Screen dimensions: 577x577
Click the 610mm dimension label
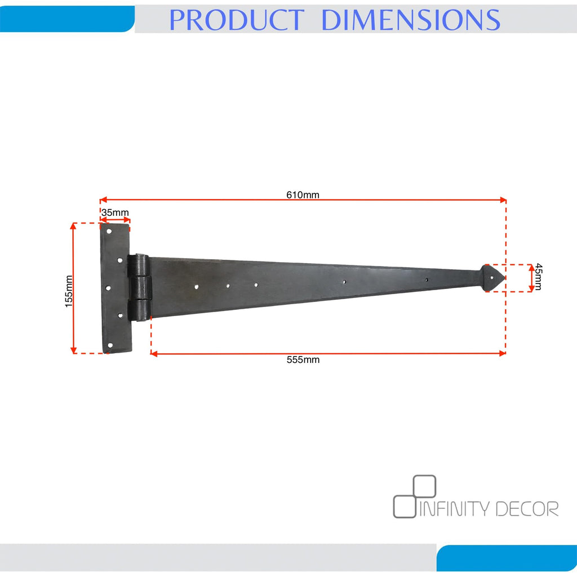303,194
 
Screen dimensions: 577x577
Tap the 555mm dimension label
303,359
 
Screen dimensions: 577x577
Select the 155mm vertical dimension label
69,291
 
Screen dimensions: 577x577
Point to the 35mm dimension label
115,212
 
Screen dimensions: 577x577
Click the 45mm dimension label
538,277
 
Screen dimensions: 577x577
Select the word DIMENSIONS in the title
411,20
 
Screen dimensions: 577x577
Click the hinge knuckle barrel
139,287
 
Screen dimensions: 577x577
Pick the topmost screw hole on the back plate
109,232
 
